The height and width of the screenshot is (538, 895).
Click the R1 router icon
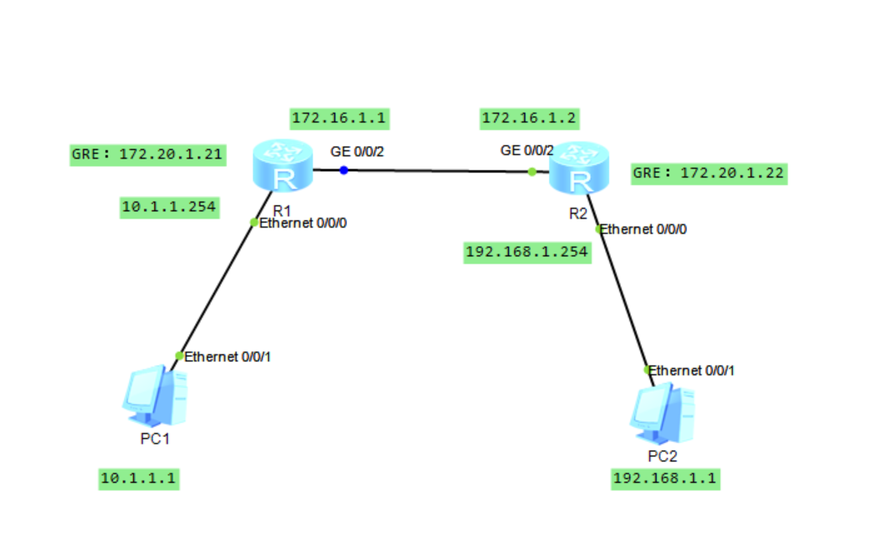click(x=282, y=165)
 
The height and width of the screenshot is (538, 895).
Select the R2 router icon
click(x=579, y=168)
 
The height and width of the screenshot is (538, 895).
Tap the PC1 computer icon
click(x=155, y=396)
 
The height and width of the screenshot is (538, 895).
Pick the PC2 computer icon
click(x=662, y=414)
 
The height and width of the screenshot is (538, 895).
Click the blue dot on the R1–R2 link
click(x=343, y=170)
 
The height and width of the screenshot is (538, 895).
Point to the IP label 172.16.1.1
click(x=340, y=118)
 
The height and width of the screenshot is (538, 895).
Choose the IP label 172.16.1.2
click(x=530, y=118)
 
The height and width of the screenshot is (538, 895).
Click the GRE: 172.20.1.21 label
click(x=147, y=155)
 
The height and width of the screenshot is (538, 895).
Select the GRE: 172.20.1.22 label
click(x=709, y=173)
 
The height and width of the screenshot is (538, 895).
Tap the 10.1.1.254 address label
click(x=169, y=208)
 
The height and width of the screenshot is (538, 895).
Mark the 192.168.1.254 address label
click(x=527, y=253)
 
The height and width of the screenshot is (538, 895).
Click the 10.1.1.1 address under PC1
click(x=138, y=479)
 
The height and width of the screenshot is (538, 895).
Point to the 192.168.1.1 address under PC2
click(x=665, y=479)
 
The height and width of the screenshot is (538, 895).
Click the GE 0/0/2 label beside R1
click(x=357, y=152)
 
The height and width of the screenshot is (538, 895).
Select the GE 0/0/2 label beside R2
click(x=527, y=151)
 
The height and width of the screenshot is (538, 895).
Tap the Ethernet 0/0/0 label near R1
click(x=302, y=224)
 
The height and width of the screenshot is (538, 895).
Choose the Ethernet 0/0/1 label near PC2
click(x=691, y=371)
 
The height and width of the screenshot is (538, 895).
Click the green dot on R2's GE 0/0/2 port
click(x=532, y=172)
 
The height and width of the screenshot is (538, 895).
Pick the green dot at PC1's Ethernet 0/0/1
click(x=179, y=356)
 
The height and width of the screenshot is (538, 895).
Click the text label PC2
click(x=662, y=457)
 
